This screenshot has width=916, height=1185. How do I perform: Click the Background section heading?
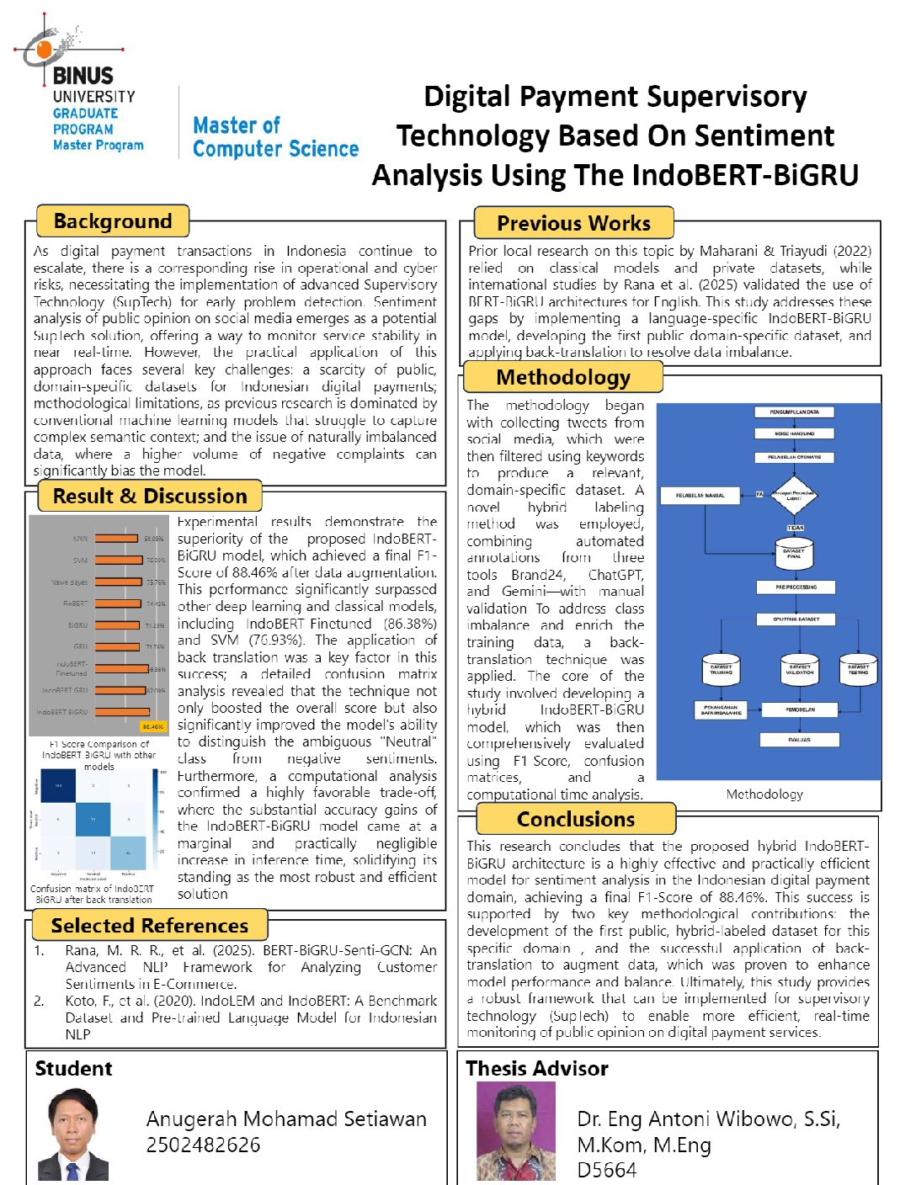113,221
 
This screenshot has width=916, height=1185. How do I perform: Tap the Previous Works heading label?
573,223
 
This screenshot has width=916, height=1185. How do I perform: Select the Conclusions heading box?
576,819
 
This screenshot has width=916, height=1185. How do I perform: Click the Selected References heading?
150,926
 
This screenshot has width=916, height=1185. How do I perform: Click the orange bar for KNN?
116,539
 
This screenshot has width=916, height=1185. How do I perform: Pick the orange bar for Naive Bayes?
120,582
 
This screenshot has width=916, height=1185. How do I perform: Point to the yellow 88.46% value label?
153,726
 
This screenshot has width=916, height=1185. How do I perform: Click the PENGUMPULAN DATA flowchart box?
794,412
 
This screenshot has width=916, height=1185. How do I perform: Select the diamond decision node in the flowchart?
794,495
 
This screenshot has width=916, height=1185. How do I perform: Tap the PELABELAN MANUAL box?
700,495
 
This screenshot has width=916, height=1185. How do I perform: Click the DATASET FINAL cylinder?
794,554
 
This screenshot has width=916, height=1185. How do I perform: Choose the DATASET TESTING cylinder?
858,670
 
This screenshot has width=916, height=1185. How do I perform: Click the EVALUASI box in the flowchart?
800,740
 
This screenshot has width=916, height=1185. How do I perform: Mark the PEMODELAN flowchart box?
800,709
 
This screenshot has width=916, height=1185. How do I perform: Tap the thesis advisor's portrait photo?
515,1131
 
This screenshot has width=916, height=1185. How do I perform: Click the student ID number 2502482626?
203,1145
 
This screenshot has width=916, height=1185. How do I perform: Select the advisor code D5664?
606,1170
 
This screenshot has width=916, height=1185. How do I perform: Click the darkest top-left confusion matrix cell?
59,786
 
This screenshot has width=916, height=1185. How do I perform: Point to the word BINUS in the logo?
83,76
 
